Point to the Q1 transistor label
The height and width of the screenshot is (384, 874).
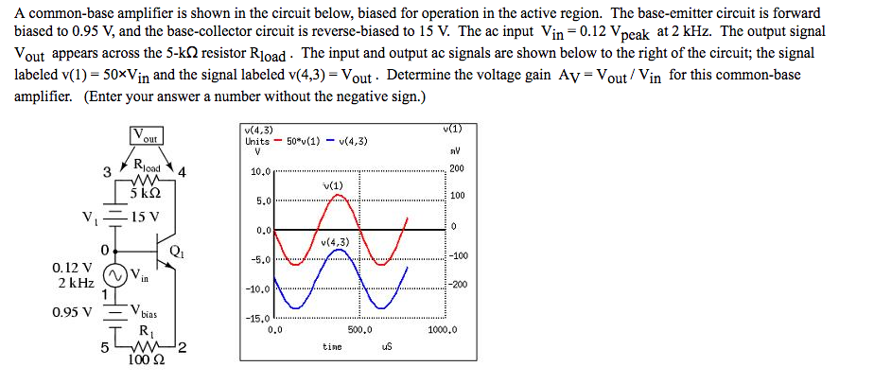[178, 251]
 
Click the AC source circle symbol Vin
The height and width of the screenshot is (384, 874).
[114, 276]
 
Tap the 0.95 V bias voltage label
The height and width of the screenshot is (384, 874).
[73, 310]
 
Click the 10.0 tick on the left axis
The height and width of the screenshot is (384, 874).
[261, 173]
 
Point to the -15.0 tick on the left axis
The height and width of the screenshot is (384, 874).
[259, 319]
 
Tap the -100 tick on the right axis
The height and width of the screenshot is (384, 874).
[460, 255]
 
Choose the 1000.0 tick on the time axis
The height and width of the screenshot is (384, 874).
[443, 330]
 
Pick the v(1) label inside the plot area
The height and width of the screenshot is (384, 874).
[332, 184]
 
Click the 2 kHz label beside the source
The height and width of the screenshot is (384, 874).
[74, 283]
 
